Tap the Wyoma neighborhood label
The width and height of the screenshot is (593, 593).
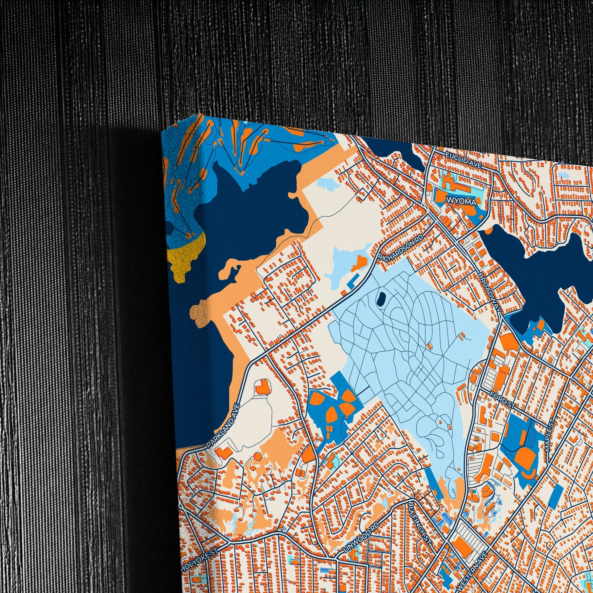point(462,202)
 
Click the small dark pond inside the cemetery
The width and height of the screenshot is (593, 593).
point(382,298)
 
